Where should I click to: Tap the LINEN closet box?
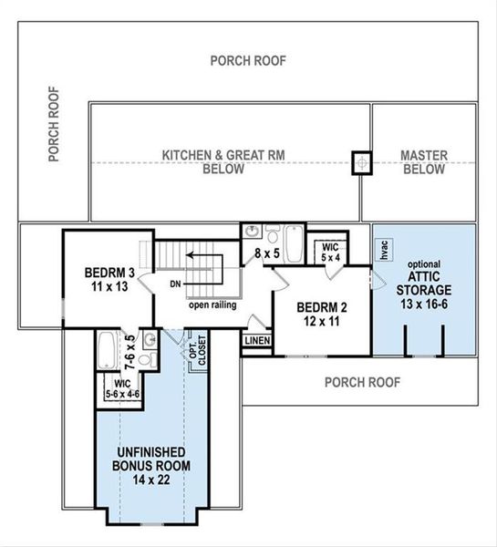256,340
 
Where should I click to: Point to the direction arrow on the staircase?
203,257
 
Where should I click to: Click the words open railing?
213,304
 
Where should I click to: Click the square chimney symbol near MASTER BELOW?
363,162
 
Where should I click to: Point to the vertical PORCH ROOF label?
55,124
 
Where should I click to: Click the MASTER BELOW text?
424,162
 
